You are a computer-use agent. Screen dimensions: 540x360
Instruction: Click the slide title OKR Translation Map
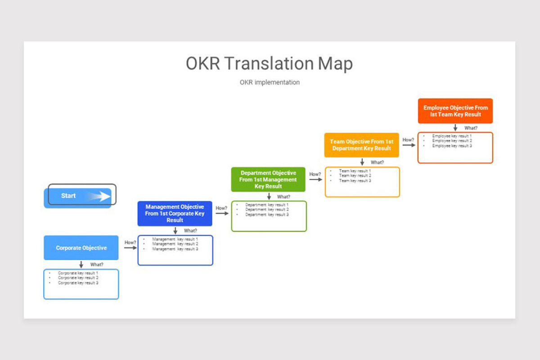269,63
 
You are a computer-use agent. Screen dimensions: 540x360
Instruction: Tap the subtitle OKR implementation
270,82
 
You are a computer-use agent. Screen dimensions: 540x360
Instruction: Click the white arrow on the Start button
99,196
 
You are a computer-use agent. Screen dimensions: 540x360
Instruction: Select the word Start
68,196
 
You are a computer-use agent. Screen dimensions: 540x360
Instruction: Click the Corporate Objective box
81,247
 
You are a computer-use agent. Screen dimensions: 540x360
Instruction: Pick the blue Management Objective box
175,214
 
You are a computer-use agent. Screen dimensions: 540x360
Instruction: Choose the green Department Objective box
268,180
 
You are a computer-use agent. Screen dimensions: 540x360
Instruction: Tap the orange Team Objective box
362,145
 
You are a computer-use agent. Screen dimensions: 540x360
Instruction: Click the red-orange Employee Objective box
455,111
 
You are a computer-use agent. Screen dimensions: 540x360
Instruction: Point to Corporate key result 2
78,278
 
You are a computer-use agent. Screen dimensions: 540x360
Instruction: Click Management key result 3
175,249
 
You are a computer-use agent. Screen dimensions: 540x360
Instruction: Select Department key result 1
267,205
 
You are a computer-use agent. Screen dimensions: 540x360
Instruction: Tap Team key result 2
355,175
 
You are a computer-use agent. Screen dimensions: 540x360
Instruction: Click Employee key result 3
452,146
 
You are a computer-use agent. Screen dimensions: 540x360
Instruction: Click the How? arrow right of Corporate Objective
130,247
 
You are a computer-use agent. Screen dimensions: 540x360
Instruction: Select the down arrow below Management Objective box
175,230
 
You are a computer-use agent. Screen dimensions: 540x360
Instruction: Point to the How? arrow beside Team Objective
409,145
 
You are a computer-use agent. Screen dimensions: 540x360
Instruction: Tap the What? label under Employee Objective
471,128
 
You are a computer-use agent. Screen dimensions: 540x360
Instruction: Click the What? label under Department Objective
283,197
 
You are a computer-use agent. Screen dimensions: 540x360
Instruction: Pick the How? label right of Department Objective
315,174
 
